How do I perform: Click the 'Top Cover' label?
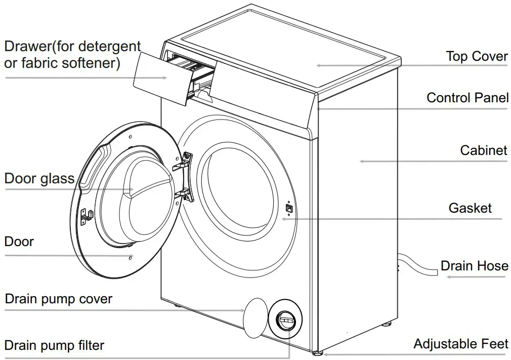pos(476,56)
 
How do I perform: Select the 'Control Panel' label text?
pos(467,97)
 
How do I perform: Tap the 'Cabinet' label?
pos(483,150)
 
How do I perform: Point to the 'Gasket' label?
pos(470,208)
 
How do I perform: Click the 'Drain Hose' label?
pos(474,266)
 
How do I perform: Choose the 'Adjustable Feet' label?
pos(460,344)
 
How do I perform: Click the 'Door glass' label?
pos(39,178)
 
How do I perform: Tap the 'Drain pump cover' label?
pos(58,299)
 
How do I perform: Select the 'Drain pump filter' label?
pos(54,345)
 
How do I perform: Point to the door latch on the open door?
pos(87,215)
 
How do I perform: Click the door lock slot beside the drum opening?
pos(288,207)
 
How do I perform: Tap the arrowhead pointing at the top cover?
pos(319,65)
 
